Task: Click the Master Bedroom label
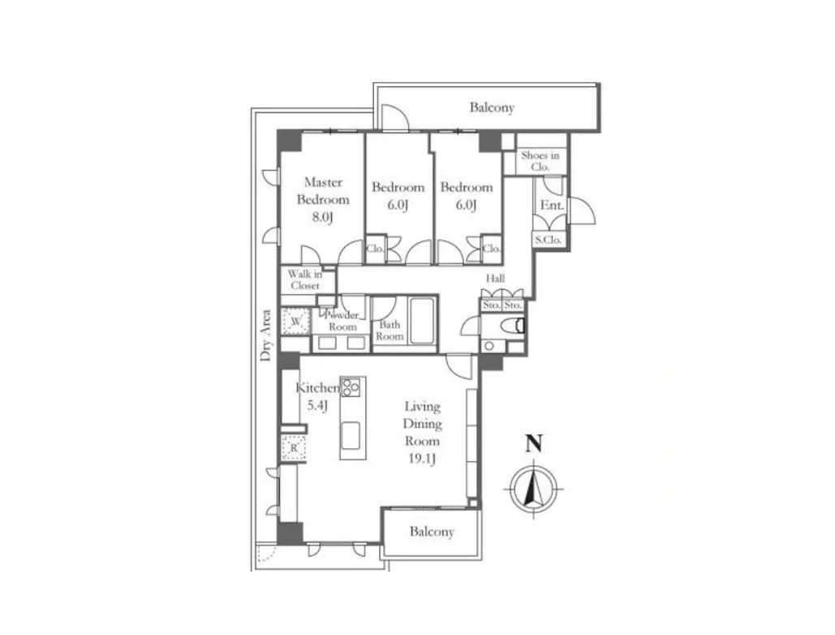click(323, 191)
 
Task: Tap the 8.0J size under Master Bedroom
click(322, 218)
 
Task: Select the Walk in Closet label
click(305, 279)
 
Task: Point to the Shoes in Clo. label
click(540, 161)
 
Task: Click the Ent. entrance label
click(552, 205)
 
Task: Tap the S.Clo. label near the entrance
click(548, 240)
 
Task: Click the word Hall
click(495, 278)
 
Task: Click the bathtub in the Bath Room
click(422, 322)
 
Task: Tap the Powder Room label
click(342, 321)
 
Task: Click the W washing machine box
click(295, 322)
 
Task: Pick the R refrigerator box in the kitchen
click(294, 448)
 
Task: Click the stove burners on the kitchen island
click(351, 387)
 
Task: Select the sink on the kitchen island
click(351, 436)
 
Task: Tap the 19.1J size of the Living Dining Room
click(422, 458)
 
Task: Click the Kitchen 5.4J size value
click(316, 405)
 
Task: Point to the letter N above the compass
click(534, 443)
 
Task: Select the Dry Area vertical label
click(265, 335)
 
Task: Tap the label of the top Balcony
click(492, 108)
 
